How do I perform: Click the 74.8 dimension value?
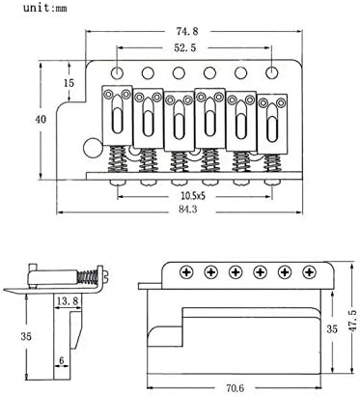187,31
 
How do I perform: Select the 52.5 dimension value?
185,48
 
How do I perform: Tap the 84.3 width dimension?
189,209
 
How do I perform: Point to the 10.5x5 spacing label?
193,195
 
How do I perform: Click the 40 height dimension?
41,119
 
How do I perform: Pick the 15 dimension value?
69,83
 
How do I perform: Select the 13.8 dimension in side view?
68,301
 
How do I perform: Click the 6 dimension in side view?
62,360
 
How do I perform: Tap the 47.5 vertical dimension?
352,321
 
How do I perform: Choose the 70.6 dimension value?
235,387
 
